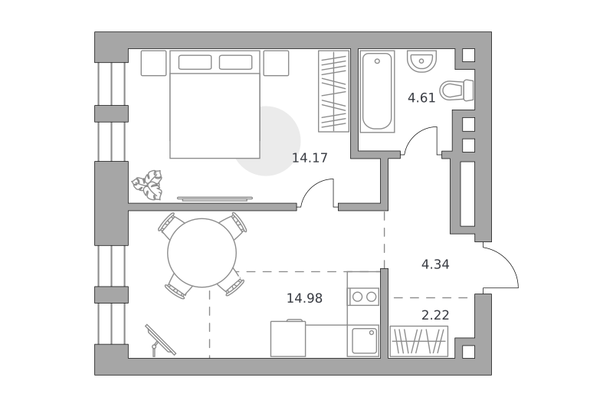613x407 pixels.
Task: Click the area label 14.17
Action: coord(310,158)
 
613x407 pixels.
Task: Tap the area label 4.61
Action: coord(421,98)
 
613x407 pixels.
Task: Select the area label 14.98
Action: coord(304,298)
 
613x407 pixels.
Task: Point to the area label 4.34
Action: coord(435,264)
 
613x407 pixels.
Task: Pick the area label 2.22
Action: coord(435,315)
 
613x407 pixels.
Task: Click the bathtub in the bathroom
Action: coord(377,91)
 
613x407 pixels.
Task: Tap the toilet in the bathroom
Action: coord(457,90)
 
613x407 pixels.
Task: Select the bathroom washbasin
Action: coord(421,61)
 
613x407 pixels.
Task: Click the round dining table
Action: coord(202,253)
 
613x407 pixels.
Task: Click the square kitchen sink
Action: coord(363,340)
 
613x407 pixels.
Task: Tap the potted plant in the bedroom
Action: coord(147,185)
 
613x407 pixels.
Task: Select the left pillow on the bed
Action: coord(195,62)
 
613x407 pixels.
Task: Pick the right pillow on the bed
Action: coord(235,62)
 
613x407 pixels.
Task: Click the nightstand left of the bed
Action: coord(154,63)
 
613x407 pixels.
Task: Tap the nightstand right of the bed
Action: coord(276,63)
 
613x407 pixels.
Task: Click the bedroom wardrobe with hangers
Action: coord(333,91)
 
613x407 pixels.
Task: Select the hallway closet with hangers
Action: coord(418,341)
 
